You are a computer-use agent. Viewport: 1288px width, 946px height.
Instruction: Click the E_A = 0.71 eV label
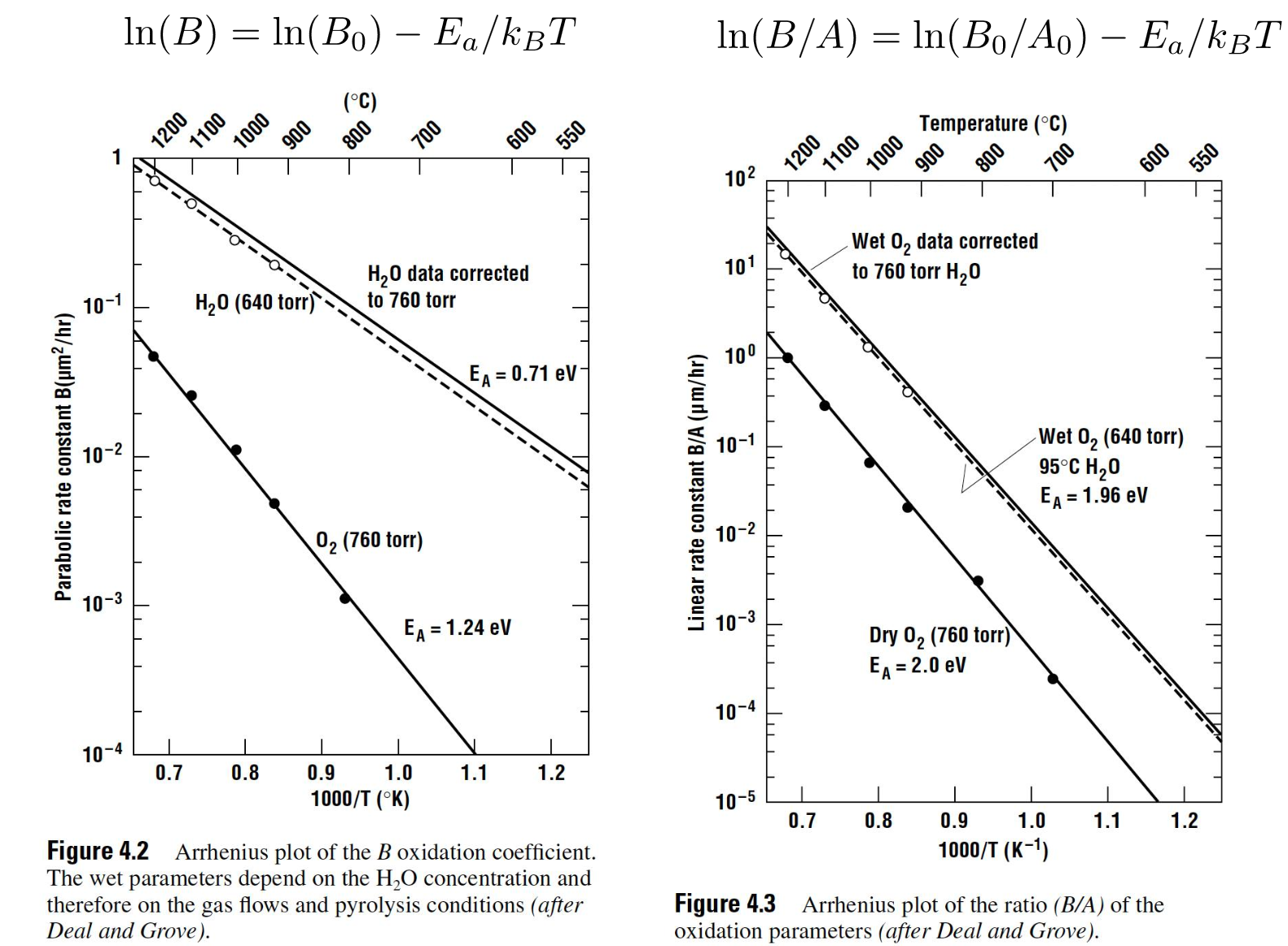pos(523,374)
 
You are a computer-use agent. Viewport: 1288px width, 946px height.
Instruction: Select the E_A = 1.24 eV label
pos(458,628)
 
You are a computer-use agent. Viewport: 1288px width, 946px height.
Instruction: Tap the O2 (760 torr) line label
pos(369,541)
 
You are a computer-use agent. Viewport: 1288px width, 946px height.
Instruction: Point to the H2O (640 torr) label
pos(254,303)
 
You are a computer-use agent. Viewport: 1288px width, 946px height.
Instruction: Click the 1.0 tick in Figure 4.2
pos(397,772)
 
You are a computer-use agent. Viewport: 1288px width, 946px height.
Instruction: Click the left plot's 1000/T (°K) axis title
pos(360,798)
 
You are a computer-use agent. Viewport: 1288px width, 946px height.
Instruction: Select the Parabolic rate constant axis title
pos(64,457)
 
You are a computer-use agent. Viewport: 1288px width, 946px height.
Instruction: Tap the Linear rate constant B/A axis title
pos(696,493)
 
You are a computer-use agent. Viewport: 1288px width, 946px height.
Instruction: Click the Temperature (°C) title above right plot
pos(992,123)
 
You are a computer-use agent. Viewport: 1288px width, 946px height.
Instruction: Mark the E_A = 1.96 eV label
pos(1093,496)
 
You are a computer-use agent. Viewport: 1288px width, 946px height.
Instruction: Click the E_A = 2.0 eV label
pos(917,665)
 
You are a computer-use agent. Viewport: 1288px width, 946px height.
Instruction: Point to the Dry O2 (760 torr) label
pos(939,635)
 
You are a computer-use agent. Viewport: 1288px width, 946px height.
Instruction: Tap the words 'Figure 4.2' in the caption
pos(98,852)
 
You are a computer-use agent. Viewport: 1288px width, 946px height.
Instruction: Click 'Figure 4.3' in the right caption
pos(725,904)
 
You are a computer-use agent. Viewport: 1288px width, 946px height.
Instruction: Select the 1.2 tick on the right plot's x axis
pos(1184,820)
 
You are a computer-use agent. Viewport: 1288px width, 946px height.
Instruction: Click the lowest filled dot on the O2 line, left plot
pos(345,598)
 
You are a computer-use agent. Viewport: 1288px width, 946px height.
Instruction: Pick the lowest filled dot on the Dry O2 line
pos(1053,678)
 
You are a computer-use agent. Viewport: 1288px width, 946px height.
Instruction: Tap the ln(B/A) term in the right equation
pos(786,36)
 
